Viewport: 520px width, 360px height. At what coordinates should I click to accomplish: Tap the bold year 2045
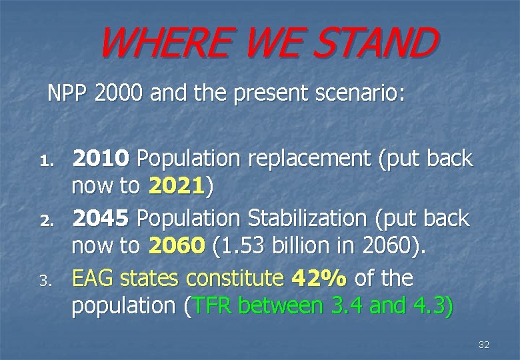(x=101, y=217)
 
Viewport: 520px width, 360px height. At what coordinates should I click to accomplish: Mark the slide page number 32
(x=484, y=345)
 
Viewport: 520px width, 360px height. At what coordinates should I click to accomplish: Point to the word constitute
(x=237, y=277)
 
